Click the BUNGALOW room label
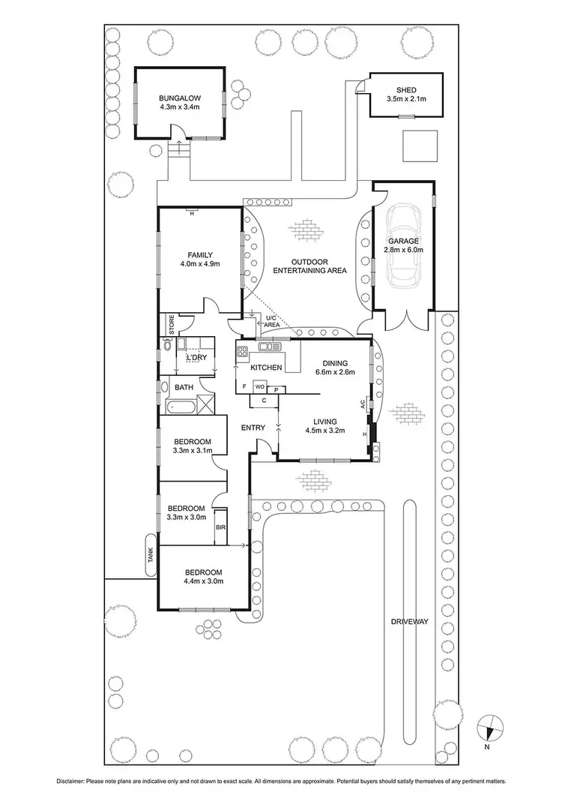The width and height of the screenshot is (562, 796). [180, 98]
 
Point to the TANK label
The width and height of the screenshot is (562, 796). [150, 555]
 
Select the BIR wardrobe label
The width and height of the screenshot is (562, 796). [221, 527]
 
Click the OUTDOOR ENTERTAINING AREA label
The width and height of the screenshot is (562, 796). [309, 266]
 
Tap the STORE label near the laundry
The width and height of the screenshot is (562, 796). [171, 325]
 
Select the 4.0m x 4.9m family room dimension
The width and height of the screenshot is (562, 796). [199, 264]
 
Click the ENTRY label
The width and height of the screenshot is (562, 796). [253, 428]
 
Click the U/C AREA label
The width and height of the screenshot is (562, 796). [272, 322]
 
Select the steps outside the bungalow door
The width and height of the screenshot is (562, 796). [180, 150]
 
